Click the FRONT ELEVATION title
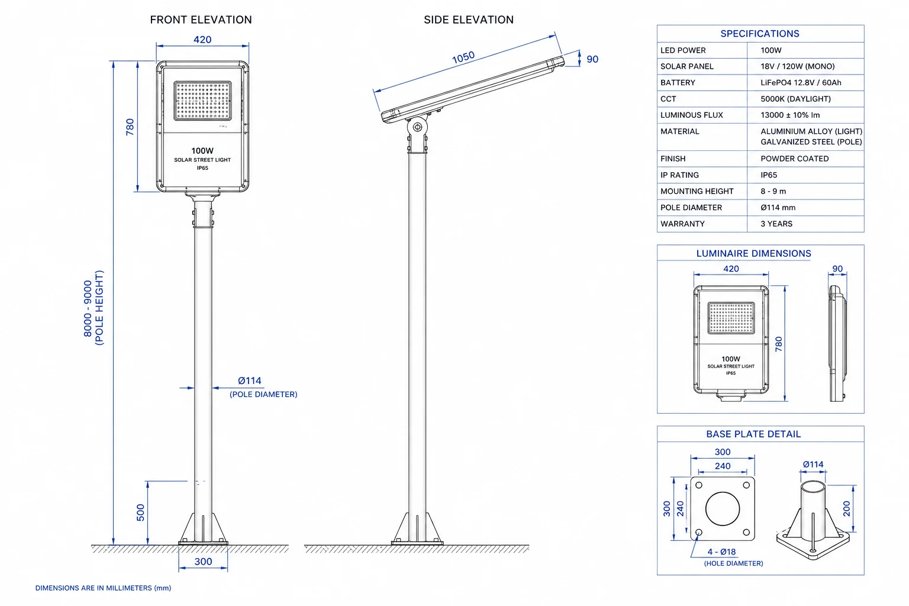(x=201, y=20)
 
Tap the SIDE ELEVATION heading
(x=469, y=20)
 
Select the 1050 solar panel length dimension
(x=463, y=57)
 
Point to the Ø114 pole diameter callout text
(x=250, y=381)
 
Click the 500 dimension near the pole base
(x=140, y=512)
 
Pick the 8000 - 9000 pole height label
(x=88, y=308)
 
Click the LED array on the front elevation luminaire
(x=202, y=101)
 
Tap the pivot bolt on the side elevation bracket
(x=417, y=127)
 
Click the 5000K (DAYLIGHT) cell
(x=795, y=99)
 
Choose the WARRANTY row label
(x=682, y=224)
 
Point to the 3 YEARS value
(x=776, y=224)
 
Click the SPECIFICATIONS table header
(x=760, y=34)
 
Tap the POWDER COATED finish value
(x=795, y=159)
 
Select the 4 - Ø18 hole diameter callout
(x=721, y=552)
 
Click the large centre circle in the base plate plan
(x=723, y=508)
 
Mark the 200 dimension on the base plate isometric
(x=846, y=508)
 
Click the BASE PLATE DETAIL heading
(x=753, y=434)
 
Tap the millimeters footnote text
(x=103, y=588)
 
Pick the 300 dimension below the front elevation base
(x=203, y=562)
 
